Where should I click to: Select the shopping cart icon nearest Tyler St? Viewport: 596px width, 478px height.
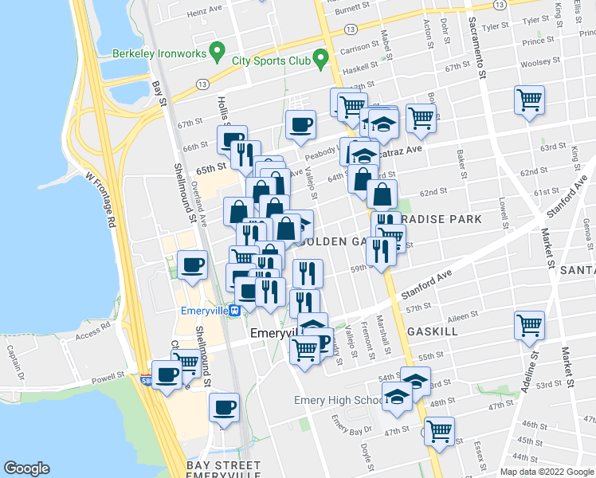click(529, 100)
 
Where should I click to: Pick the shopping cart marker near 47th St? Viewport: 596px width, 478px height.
click(438, 431)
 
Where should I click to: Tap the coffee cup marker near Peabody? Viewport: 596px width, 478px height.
click(300, 125)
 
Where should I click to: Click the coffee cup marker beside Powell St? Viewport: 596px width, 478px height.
click(167, 374)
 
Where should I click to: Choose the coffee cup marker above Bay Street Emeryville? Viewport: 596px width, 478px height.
click(224, 407)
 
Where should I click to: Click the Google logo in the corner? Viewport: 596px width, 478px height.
click(27, 468)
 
